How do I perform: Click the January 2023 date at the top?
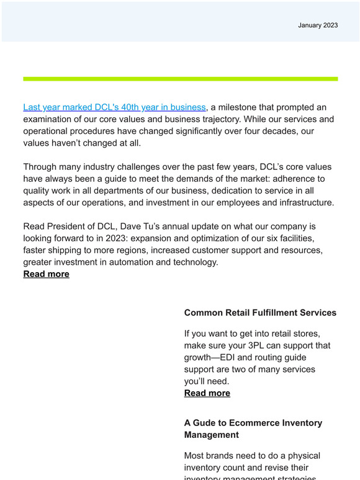click(x=318, y=25)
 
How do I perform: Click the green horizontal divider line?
click(x=180, y=79)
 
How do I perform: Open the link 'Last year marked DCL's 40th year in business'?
click(x=114, y=107)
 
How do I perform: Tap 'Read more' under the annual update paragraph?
click(x=47, y=274)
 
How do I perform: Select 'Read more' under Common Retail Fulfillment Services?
click(x=207, y=393)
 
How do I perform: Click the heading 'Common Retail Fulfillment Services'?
click(x=260, y=313)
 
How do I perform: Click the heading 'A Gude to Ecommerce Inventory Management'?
click(x=253, y=429)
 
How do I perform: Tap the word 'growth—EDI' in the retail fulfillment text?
click(x=214, y=357)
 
